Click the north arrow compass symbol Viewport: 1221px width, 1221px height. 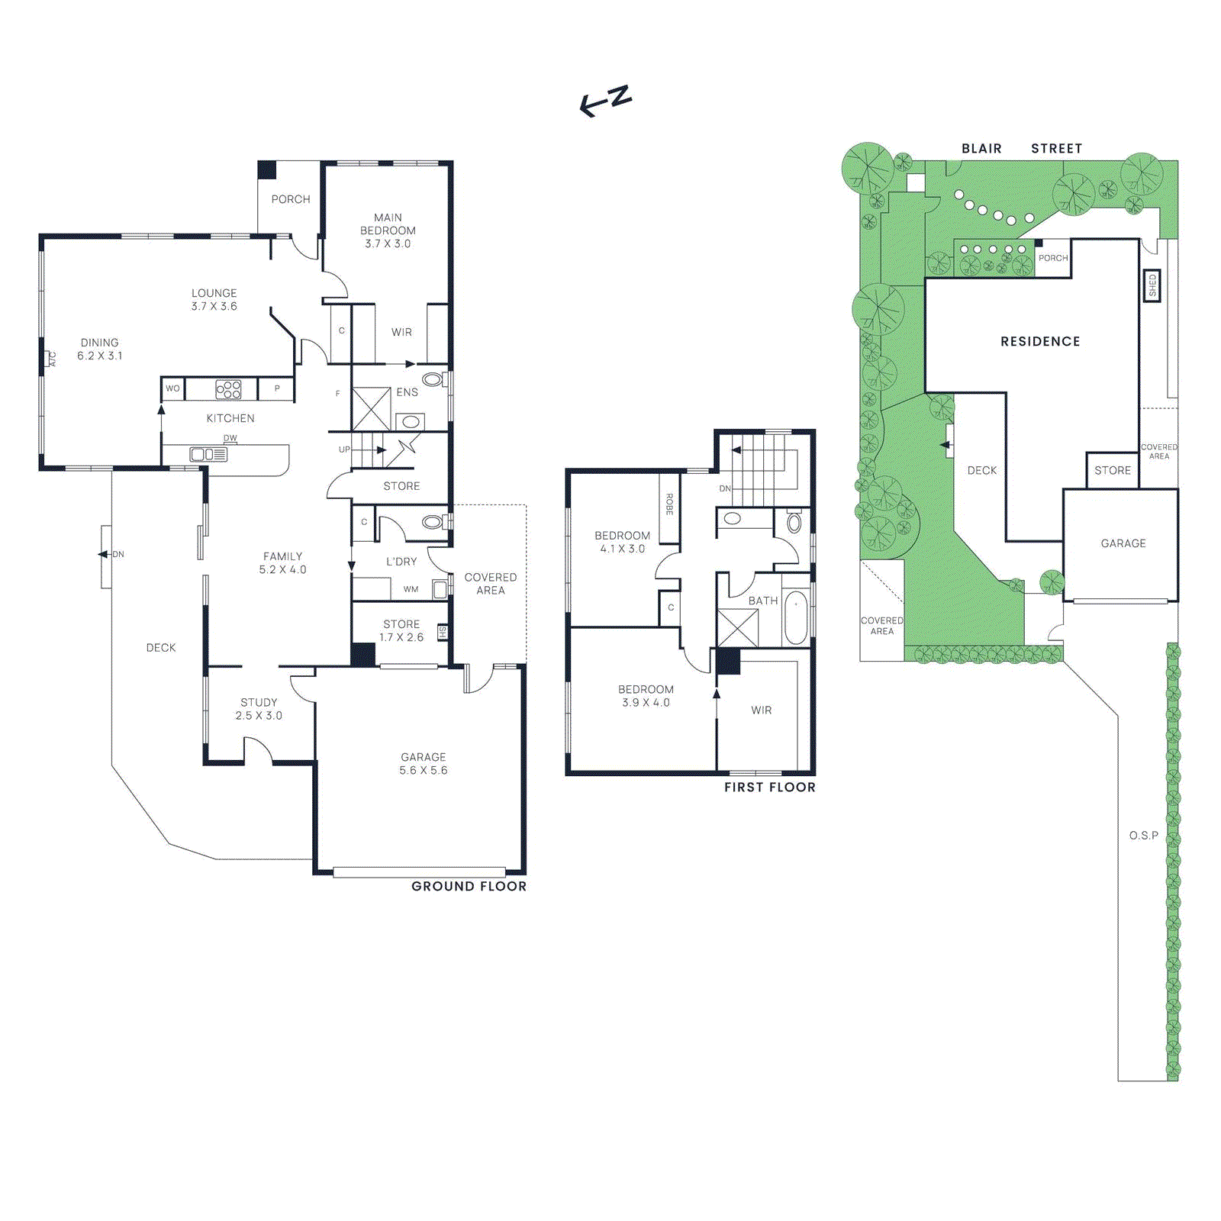click(x=606, y=101)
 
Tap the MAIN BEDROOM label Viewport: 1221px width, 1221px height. click(x=388, y=224)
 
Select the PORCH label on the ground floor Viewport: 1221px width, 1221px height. click(x=291, y=199)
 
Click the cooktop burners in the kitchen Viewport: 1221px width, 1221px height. click(x=228, y=389)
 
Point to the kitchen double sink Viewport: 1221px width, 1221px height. click(x=208, y=455)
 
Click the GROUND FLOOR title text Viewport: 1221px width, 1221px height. click(x=469, y=886)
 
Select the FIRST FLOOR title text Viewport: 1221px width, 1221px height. click(x=769, y=787)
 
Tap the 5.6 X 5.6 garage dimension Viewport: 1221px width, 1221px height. click(x=423, y=771)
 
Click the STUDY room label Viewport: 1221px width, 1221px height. click(x=259, y=702)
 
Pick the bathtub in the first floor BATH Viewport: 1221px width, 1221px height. click(x=796, y=617)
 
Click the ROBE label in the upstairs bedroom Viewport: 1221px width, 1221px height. click(x=669, y=504)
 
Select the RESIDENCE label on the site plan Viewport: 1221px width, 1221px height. click(x=1040, y=341)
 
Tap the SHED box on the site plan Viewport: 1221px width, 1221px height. click(x=1152, y=285)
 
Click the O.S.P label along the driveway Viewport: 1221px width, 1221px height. click(x=1143, y=836)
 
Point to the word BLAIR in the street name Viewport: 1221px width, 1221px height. click(x=981, y=149)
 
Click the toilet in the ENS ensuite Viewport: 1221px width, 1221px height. click(x=432, y=379)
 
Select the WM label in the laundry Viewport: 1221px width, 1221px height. click(x=411, y=589)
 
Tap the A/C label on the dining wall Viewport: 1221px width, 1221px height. click(x=53, y=359)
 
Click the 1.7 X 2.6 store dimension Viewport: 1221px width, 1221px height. click(x=401, y=637)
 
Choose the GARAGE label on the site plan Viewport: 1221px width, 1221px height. click(x=1123, y=543)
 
